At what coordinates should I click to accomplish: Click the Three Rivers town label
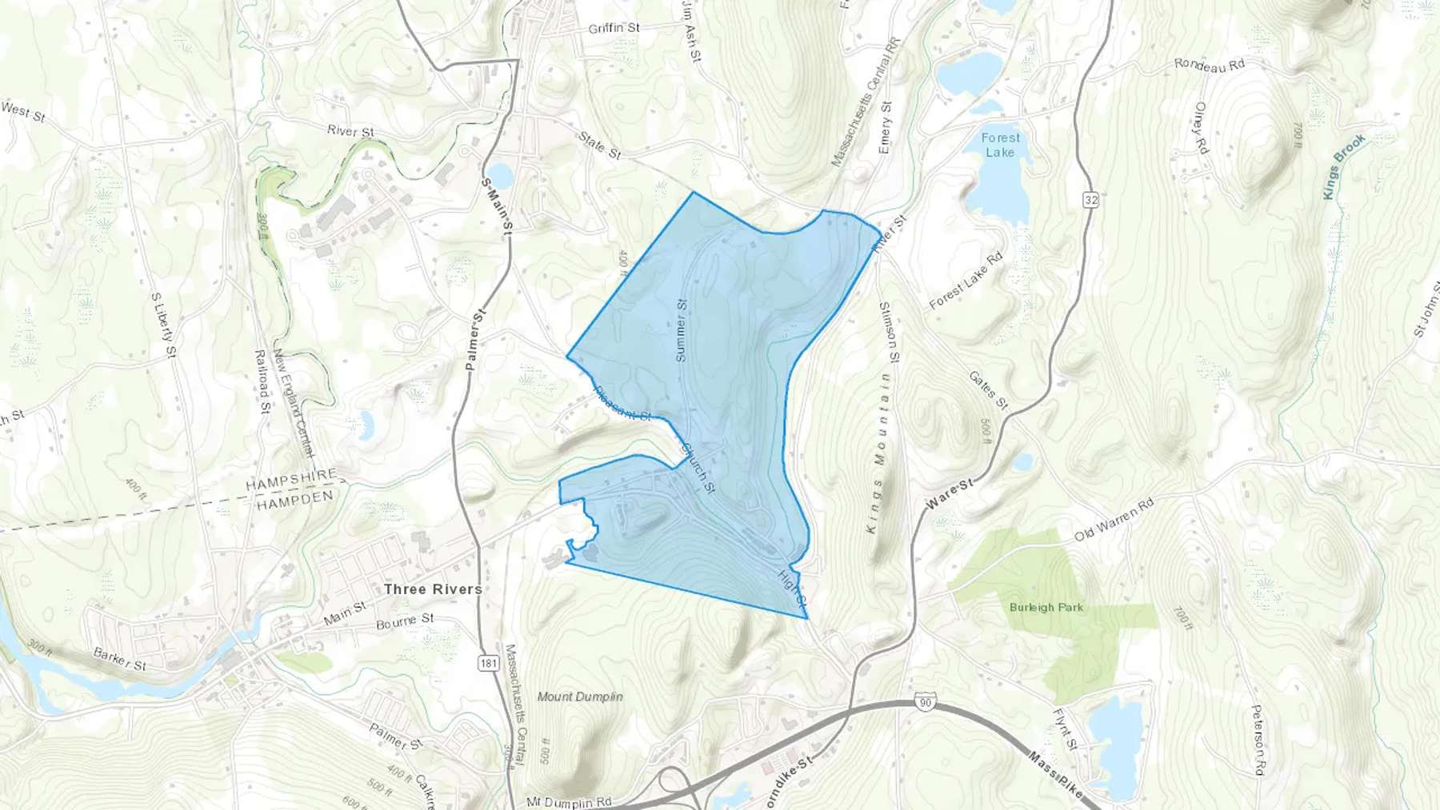[433, 589]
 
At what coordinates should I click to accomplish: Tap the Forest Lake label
[1000, 145]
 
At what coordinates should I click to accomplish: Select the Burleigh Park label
[1046, 608]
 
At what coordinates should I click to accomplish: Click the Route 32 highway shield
[1091, 200]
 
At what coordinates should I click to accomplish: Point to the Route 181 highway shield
[489, 663]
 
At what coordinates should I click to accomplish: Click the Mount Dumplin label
[580, 696]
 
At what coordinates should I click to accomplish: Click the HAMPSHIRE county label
[294, 484]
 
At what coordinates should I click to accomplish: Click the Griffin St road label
[614, 28]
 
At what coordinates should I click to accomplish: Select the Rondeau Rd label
[1210, 66]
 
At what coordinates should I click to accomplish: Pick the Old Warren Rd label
[1114, 520]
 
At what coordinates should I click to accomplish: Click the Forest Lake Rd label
[966, 282]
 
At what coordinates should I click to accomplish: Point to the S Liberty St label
[162, 317]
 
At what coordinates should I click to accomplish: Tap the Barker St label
[120, 660]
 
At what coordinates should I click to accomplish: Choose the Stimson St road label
[890, 331]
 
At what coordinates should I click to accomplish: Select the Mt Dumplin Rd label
[569, 801]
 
